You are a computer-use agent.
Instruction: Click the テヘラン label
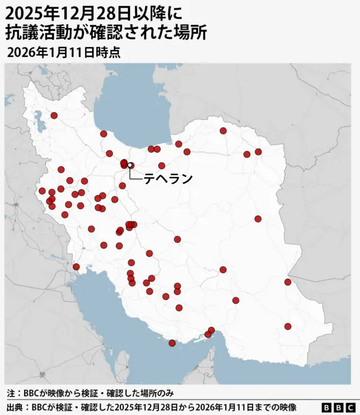coord(168,179)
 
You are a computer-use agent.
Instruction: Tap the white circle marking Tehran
coord(130,165)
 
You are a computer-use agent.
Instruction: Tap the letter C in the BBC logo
coord(350,407)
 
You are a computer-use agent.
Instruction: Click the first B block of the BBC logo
coord(327,407)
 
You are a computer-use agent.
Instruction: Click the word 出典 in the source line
coord(15,407)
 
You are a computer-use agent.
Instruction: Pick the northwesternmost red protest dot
coord(54,115)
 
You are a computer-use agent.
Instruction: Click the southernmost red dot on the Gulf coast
coord(172,343)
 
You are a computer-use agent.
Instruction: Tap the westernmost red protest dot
coord(42,190)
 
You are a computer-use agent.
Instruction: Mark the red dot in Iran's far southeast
coord(288,326)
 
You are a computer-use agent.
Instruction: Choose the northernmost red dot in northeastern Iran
coord(223,131)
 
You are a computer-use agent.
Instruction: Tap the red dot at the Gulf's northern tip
coord(76,266)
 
